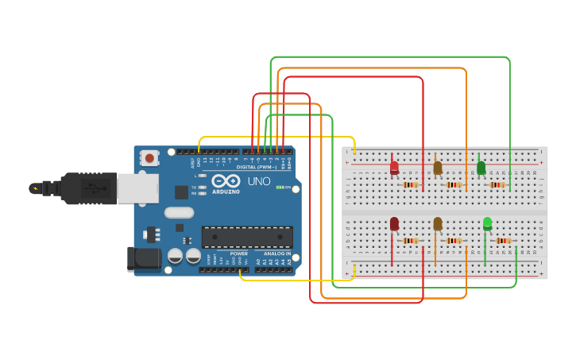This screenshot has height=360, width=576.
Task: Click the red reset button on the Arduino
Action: [150, 158]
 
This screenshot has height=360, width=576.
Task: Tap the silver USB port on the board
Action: [137, 188]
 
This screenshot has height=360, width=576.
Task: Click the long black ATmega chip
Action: [246, 237]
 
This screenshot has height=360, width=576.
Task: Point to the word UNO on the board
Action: [259, 181]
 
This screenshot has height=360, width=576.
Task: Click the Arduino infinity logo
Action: [226, 181]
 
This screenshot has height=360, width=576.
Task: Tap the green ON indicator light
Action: [280, 188]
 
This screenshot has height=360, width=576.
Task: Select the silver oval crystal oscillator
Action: [180, 212]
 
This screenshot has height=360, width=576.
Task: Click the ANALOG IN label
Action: [277, 254]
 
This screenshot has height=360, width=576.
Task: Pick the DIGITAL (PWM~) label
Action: [257, 167]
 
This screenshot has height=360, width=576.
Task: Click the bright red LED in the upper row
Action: [394, 168]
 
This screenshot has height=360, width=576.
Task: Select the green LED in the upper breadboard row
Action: [481, 168]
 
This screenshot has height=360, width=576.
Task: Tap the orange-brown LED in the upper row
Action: [437, 168]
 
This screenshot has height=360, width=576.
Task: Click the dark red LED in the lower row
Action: [394, 224]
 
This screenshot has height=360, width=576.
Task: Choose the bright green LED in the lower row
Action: [487, 224]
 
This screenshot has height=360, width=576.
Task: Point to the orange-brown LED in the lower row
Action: [437, 224]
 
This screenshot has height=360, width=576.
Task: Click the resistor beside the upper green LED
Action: [497, 185]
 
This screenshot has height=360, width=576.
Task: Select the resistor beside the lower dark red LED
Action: [411, 241]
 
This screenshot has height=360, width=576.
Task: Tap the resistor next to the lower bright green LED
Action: [504, 241]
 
